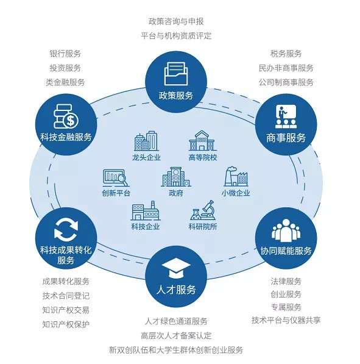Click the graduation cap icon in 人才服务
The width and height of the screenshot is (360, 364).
click(x=176, y=268)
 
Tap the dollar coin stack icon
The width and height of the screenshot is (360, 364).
click(x=66, y=116)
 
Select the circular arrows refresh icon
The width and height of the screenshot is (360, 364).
click(x=66, y=230)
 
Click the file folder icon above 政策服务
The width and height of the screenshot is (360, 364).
click(x=176, y=74)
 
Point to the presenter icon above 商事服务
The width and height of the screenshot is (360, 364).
click(x=286, y=116)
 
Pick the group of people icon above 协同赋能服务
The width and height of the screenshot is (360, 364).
click(x=286, y=230)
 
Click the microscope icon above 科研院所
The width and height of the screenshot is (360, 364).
click(x=203, y=210)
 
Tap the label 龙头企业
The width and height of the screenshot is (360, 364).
click(x=146, y=157)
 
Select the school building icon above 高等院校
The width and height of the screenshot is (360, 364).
click(x=202, y=141)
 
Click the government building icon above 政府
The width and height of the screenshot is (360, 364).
click(x=176, y=177)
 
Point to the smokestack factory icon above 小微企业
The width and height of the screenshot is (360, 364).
click(x=236, y=176)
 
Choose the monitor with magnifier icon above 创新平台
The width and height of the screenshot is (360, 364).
click(x=116, y=178)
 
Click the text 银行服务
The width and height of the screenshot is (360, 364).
click(x=65, y=54)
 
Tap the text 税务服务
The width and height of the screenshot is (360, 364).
click(x=286, y=54)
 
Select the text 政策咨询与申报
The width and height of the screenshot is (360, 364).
click(x=176, y=21)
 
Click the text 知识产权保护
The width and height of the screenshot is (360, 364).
click(x=66, y=324)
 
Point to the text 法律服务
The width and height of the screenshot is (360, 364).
click(x=286, y=281)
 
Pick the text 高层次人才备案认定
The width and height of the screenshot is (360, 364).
click(x=176, y=335)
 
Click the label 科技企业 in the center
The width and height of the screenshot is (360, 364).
click(x=146, y=226)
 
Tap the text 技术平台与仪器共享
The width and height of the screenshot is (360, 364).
click(x=286, y=320)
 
